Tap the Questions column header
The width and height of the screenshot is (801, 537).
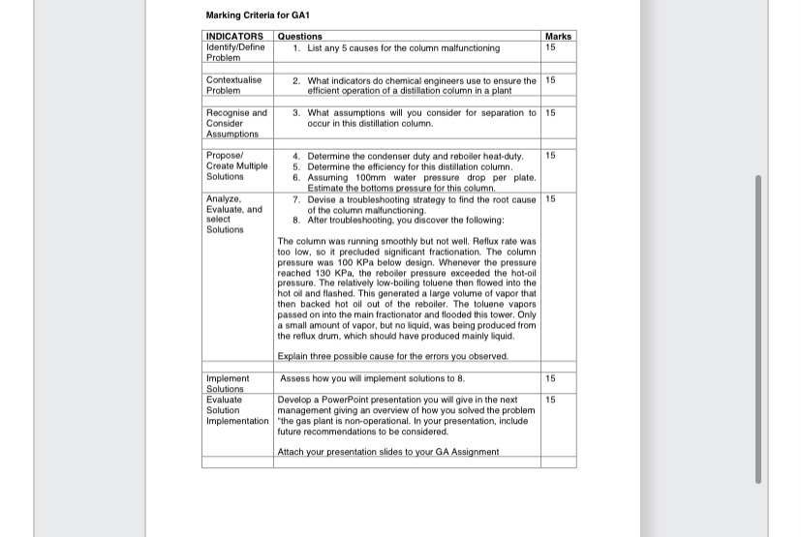(300, 37)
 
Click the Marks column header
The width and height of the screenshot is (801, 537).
(558, 37)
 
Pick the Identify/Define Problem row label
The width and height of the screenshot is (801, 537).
(235, 52)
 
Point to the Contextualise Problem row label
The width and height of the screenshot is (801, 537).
(234, 86)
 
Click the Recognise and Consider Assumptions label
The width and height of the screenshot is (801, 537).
(236, 124)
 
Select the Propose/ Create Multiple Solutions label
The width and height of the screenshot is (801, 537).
(236, 166)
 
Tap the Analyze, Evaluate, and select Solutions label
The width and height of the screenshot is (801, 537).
(234, 214)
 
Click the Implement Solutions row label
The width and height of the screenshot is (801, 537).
(228, 383)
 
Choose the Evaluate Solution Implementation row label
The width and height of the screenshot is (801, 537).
(237, 410)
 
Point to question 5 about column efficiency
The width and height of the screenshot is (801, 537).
(408, 166)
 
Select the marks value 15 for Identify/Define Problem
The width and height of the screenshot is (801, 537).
(551, 47)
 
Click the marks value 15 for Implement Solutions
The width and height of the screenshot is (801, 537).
(551, 378)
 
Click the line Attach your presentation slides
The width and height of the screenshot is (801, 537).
(388, 452)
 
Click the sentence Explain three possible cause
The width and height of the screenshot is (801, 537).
(392, 356)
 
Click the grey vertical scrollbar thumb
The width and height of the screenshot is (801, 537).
(758, 329)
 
